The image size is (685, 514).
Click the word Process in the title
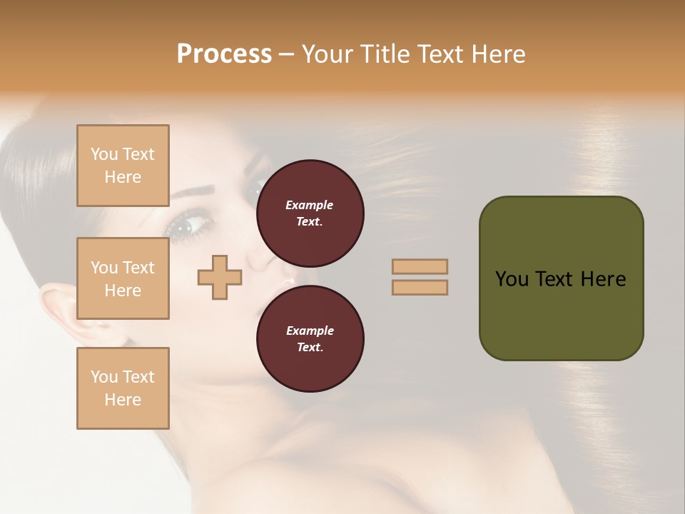click(224, 54)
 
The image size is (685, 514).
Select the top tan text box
click(123, 166)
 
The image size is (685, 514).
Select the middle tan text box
click(123, 278)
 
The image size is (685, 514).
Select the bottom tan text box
click(123, 388)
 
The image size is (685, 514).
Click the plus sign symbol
click(219, 277)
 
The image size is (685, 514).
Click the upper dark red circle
click(310, 213)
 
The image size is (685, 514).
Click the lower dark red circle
click(310, 339)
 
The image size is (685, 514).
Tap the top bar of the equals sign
click(420, 266)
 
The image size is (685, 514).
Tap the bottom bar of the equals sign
click(420, 287)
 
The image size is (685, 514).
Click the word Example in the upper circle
click(310, 205)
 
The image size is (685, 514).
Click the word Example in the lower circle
click(310, 331)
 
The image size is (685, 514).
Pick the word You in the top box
click(104, 154)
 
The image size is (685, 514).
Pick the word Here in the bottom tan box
click(123, 400)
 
